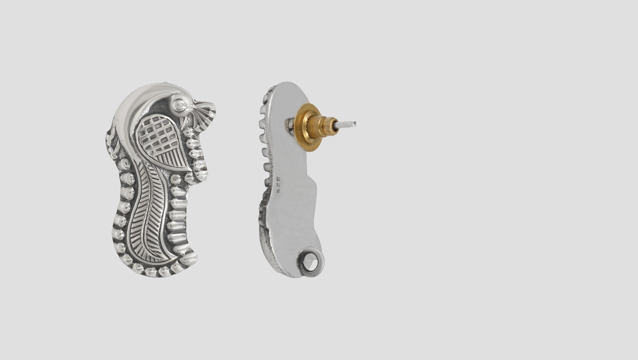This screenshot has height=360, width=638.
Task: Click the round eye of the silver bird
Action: [179, 104]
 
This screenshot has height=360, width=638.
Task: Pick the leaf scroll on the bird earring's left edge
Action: [113, 141]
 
